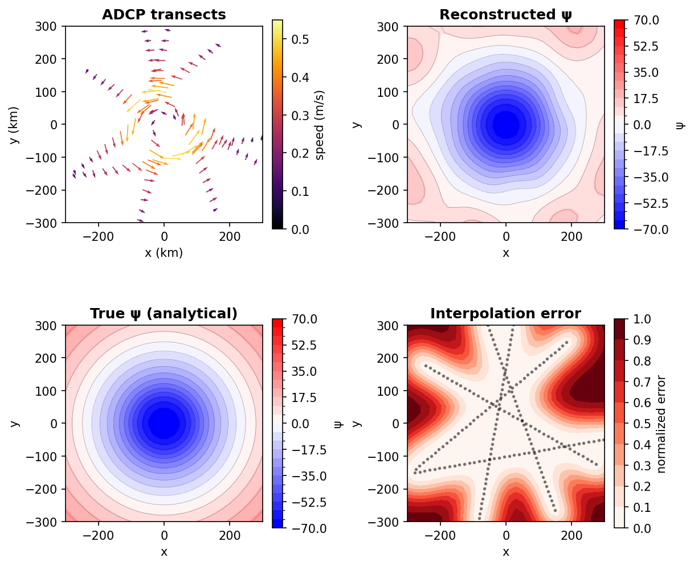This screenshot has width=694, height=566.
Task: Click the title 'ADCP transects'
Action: click(x=164, y=15)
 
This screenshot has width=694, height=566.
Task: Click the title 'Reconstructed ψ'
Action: click(x=505, y=15)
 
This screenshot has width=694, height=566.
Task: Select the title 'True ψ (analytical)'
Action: click(x=164, y=314)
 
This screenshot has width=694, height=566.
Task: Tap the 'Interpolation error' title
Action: click(x=505, y=314)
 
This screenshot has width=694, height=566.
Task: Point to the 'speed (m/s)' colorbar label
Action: click(x=320, y=125)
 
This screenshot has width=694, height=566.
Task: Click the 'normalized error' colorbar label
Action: click(x=661, y=424)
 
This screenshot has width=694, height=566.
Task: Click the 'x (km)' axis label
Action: click(x=164, y=253)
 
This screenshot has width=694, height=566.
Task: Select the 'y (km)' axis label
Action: click(x=15, y=125)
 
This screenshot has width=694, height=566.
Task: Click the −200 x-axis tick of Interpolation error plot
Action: click(x=440, y=536)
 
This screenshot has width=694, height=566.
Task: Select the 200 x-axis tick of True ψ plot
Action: click(x=230, y=536)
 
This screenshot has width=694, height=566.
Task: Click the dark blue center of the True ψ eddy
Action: click(x=164, y=423)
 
